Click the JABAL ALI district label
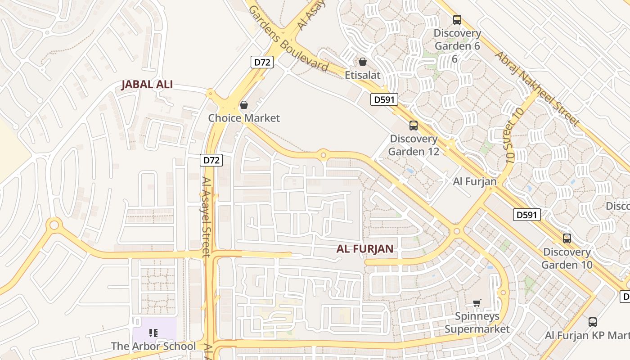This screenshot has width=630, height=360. pos(147,85)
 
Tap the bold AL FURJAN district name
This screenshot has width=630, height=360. pos(365,249)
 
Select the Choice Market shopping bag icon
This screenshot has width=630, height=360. pos(243,105)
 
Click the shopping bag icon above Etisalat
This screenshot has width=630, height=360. pos(363,62)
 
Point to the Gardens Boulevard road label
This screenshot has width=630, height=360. pos(288,39)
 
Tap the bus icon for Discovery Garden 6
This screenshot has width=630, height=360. pos(457,20)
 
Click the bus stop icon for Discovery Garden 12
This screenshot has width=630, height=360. pos(414,126)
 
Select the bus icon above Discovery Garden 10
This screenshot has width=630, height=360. pos(567,238)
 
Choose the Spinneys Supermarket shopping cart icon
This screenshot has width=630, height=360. pos(477,303)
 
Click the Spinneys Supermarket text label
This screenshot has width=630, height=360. pos(477,323)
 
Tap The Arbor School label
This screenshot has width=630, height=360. pos(153,346)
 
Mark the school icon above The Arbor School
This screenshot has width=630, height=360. pos(153,333)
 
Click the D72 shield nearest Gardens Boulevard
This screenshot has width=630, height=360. pos(261,62)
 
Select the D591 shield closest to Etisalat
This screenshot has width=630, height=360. pos(384,99)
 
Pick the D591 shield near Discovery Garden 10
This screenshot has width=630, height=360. pos(526,215)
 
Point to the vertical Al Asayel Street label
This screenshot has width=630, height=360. pos(206,216)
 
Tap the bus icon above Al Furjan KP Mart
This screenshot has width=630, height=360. pos(593,322)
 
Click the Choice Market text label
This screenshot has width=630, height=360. pos(244,118)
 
